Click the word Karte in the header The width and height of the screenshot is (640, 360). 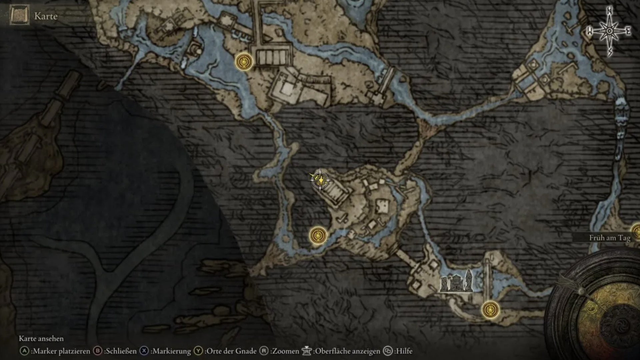46,16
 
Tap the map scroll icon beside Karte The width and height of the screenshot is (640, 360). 19,15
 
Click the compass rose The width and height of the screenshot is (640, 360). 609,31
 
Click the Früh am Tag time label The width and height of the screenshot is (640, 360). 610,238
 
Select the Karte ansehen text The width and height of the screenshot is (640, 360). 41,339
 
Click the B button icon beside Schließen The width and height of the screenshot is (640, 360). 97,351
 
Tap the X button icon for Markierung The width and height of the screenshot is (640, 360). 144,351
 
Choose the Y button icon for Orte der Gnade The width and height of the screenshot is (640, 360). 198,351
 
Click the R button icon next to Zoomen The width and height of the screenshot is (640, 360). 264,351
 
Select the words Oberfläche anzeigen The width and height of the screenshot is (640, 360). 347,351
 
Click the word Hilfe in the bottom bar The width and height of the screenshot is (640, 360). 404,351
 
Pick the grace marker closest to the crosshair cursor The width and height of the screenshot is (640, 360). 318,235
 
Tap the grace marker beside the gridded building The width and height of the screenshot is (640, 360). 244,62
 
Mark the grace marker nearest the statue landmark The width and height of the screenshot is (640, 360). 490,309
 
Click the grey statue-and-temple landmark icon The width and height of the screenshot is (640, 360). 456,282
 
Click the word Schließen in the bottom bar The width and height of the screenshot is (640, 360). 120,351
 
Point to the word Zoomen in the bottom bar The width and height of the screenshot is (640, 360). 285,351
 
